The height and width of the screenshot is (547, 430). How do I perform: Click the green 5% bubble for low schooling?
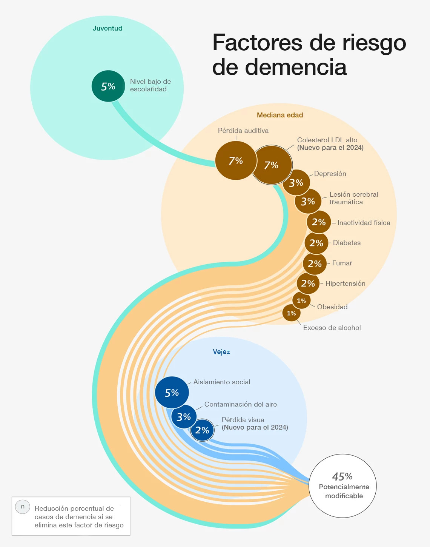click(108, 86)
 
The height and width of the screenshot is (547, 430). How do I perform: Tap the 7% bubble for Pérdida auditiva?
click(236, 160)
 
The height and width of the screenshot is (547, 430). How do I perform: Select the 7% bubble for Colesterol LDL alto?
click(272, 165)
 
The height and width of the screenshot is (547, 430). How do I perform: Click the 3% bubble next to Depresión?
click(296, 183)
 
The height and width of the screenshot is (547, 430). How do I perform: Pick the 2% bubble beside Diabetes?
click(316, 243)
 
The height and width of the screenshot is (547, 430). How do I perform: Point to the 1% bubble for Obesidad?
click(301, 300)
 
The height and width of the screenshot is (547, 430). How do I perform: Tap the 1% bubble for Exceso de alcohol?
click(291, 313)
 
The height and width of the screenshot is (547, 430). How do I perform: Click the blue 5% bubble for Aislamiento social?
click(172, 393)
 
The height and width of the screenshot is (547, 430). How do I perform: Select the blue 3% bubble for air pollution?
click(184, 417)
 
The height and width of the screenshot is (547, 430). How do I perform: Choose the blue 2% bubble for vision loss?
click(202, 430)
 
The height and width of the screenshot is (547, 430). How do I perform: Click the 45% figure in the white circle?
click(342, 476)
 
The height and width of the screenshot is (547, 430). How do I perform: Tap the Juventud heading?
click(107, 28)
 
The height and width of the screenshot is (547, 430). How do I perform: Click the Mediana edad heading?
click(280, 115)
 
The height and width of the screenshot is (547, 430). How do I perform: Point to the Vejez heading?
click(221, 352)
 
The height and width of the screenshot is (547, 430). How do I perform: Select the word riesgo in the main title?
click(374, 42)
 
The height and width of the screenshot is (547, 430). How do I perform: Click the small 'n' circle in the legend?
click(23, 507)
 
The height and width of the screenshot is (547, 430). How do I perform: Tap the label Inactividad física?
click(364, 223)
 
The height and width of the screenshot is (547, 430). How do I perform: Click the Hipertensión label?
click(345, 284)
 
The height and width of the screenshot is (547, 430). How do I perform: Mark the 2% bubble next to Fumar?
click(315, 263)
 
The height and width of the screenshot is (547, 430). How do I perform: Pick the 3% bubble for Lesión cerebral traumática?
click(308, 201)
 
